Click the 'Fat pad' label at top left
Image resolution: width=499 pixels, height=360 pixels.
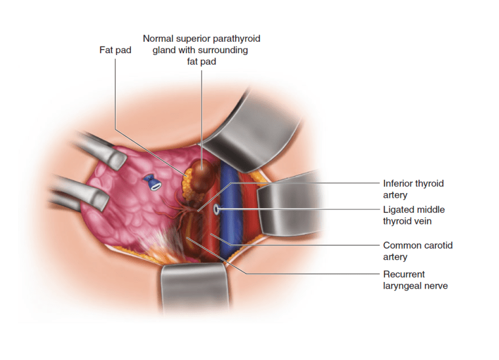tap(115, 50)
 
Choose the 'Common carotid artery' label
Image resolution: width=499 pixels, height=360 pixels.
tap(417, 251)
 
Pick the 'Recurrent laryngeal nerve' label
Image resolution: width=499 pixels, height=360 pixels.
tap(415, 280)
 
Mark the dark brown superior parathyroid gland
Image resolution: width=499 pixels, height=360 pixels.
tap(202, 173)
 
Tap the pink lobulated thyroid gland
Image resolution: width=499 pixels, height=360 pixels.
tap(133, 206)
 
